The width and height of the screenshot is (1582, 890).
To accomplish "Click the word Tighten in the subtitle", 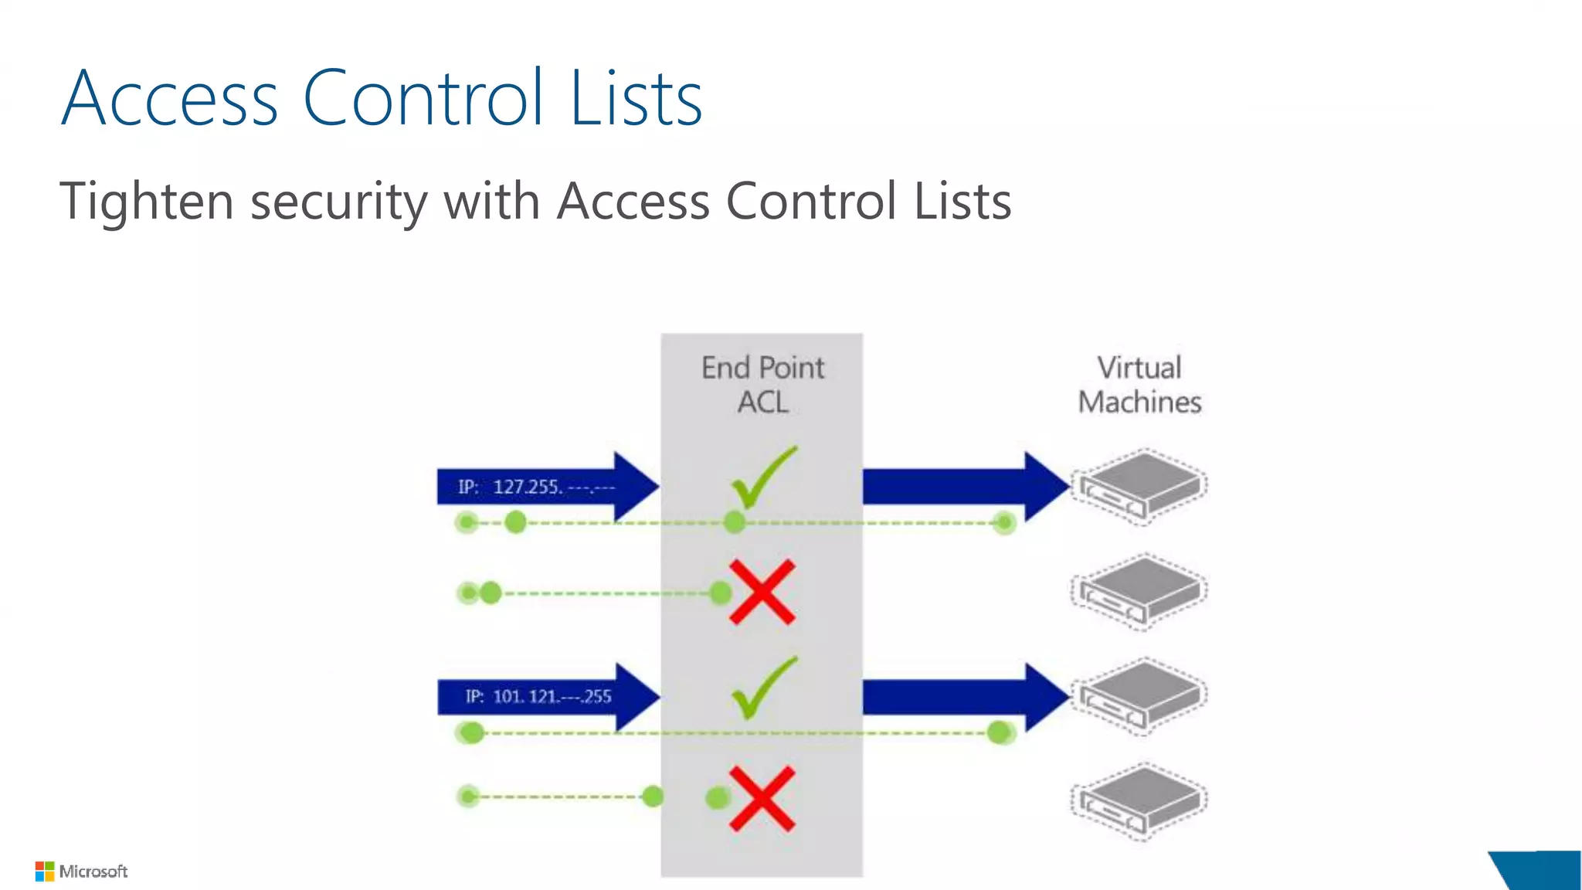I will point(147,202).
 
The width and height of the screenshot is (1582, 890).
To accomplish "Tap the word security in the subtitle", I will point(338,202).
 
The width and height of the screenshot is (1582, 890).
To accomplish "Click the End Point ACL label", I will point(762,385).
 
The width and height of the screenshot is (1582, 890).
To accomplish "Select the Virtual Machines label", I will point(1139,385).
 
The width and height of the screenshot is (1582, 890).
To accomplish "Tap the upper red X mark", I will point(762,593).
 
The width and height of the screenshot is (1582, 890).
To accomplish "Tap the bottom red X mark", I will point(762,799).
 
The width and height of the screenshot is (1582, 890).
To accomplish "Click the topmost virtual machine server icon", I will point(1140,486).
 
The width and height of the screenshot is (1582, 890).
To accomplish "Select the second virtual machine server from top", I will point(1140,591).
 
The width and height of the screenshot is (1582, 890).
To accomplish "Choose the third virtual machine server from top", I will point(1140,695).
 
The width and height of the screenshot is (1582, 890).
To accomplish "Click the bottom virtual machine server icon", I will point(1140,800).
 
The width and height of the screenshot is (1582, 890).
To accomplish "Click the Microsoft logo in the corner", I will point(81,871).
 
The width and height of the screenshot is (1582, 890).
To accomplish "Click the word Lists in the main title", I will point(636,98).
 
